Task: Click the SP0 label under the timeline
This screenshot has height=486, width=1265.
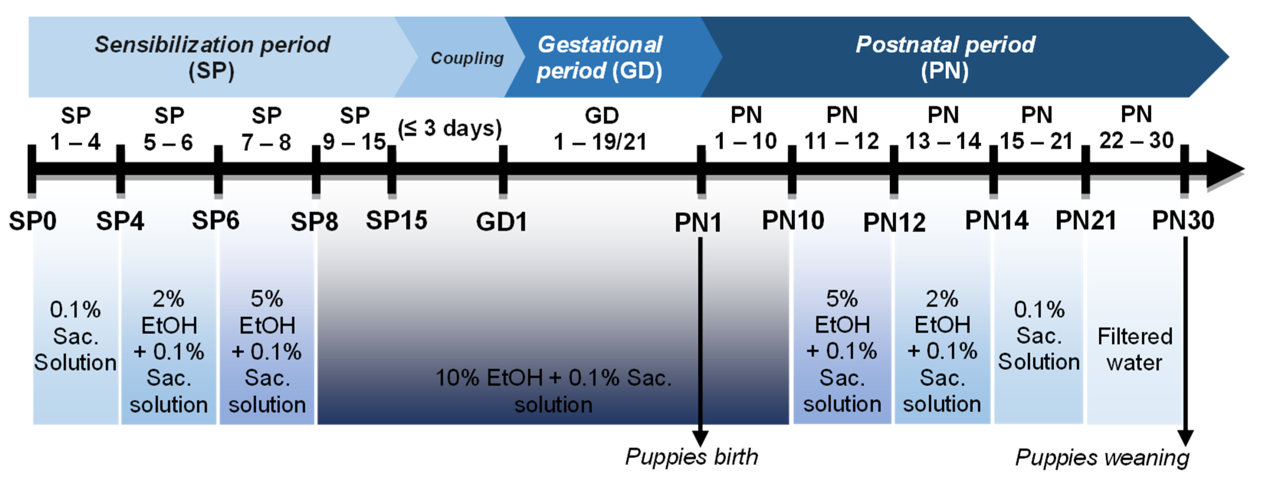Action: (33, 221)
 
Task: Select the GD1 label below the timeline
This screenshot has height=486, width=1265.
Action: (501, 221)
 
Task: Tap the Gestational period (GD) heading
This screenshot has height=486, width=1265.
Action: (600, 57)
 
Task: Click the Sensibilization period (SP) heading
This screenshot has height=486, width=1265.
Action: (212, 57)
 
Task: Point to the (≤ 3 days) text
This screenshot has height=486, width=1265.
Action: (449, 128)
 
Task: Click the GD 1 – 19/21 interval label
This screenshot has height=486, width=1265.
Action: (601, 129)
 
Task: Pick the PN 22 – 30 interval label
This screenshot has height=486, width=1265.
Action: (1136, 128)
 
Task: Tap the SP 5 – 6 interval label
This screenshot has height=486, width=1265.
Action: (169, 129)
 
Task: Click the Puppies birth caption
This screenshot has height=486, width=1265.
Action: (691, 457)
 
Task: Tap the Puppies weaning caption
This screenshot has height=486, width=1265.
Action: (1102, 458)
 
